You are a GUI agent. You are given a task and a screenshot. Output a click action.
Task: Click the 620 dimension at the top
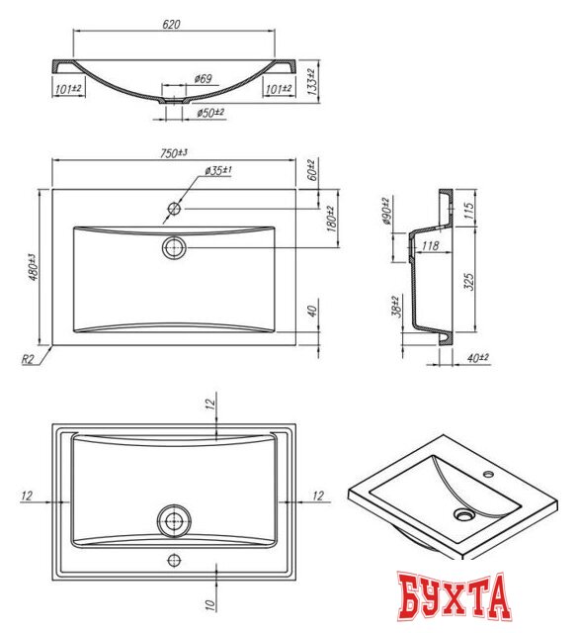[x=173, y=24]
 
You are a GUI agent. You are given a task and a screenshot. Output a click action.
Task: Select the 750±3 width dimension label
[x=174, y=152]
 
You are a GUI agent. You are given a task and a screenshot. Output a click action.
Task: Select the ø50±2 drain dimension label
[x=208, y=114]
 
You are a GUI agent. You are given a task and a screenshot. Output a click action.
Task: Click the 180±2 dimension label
[x=331, y=217]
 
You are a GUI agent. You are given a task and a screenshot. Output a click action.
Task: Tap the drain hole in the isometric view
[x=464, y=514]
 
